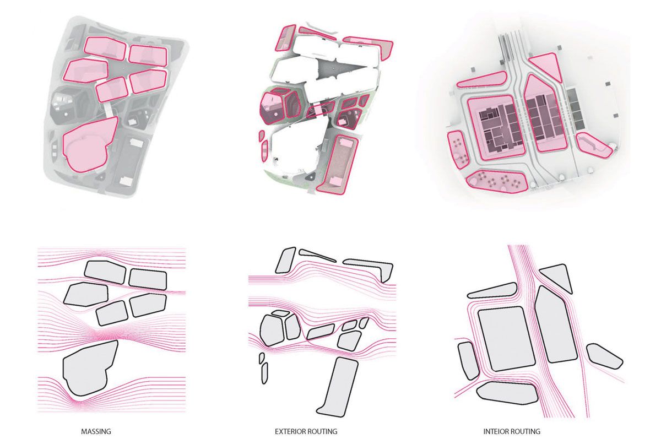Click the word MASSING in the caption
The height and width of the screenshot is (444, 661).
pos(96,431)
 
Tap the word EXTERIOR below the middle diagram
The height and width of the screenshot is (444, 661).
pos(290,431)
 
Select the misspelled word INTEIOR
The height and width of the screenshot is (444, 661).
pos(497,431)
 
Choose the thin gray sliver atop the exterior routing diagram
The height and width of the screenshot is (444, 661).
pos(317,255)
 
